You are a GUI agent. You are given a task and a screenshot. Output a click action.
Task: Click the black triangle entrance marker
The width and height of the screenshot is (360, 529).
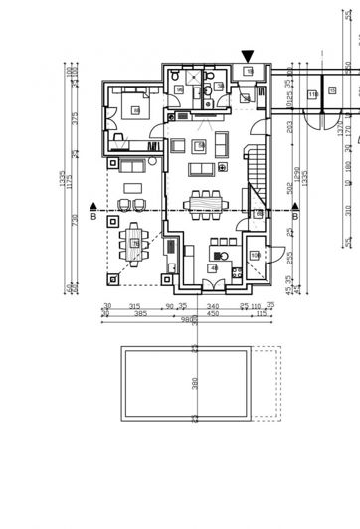[248, 56]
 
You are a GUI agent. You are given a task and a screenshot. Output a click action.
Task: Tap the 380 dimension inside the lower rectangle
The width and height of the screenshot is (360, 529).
[195, 383]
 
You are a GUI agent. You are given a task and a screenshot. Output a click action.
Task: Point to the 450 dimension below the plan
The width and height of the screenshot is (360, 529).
[212, 313]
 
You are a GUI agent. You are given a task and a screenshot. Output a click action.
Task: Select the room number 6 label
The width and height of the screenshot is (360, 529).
[135, 109]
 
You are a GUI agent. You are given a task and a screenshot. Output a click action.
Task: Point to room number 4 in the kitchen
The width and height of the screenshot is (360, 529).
[212, 267]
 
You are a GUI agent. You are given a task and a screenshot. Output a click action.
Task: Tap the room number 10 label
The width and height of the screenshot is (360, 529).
[255, 256]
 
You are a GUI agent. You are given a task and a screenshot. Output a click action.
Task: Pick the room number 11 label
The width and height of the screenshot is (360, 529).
[311, 94]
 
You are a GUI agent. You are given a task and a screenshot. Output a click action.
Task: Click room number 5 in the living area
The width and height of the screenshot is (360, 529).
[201, 146]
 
